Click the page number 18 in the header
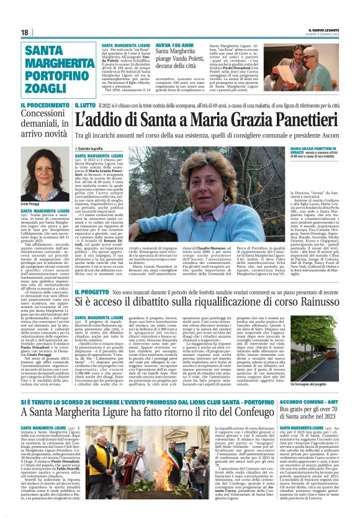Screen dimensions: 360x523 (24, 32)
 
